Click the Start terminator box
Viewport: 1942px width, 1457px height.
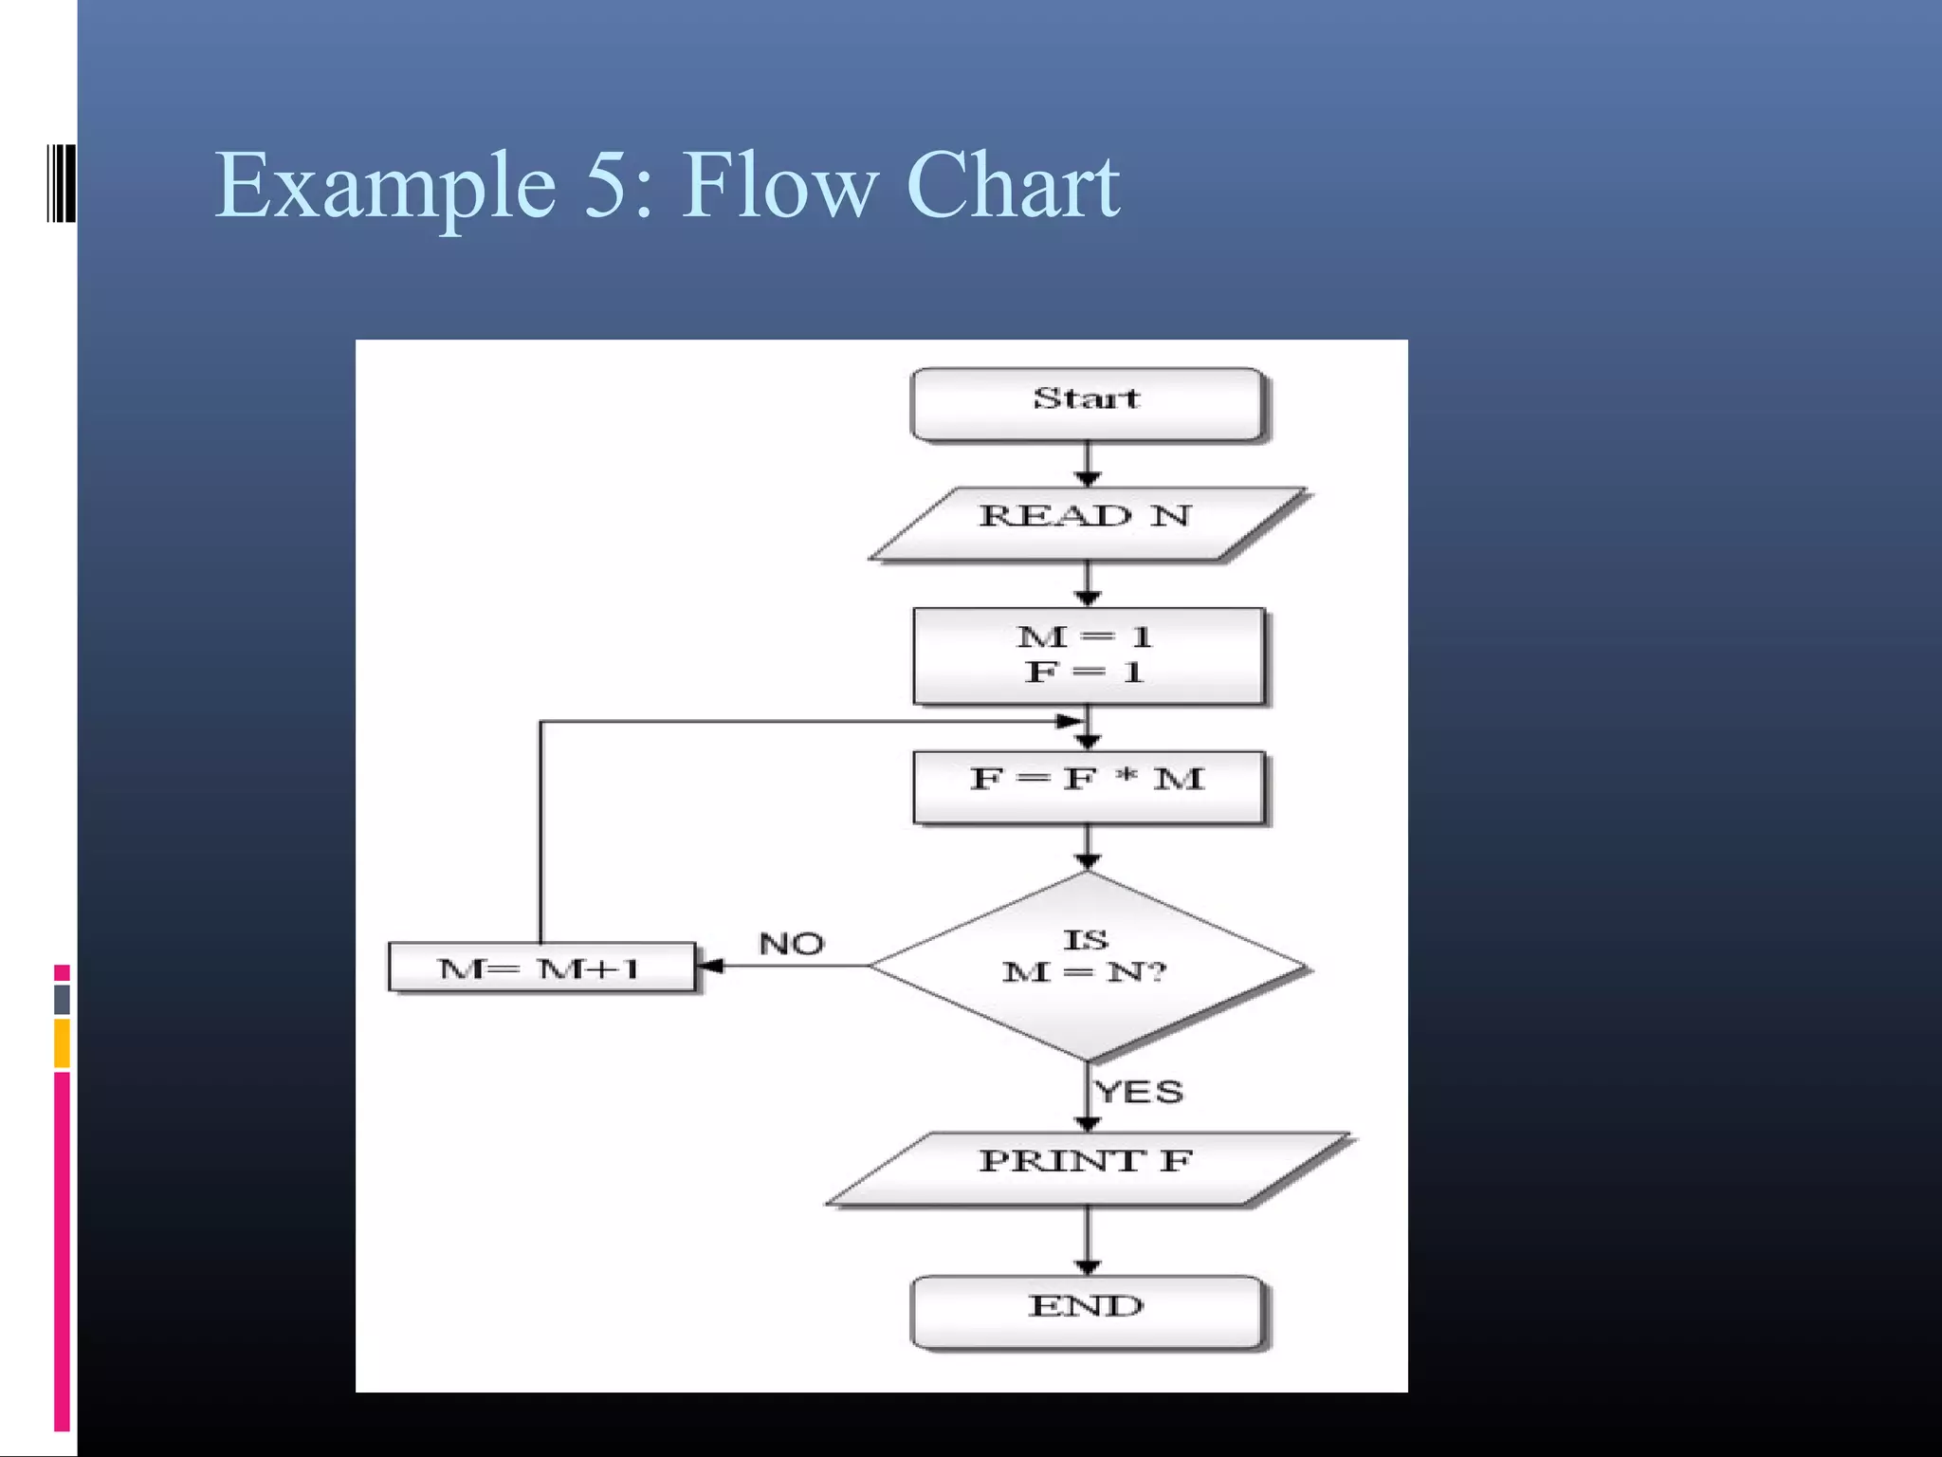[x=1087, y=404]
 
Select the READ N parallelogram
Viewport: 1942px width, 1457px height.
[x=1087, y=523]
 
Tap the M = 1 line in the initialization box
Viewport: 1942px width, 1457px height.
[x=1085, y=636]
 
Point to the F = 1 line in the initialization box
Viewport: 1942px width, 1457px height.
[x=1085, y=673]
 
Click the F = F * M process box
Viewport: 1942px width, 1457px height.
[x=1088, y=786]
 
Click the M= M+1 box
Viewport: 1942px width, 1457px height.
[x=541, y=968]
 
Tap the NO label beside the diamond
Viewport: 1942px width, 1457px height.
[x=792, y=944]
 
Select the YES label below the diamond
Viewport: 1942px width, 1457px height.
[x=1139, y=1092]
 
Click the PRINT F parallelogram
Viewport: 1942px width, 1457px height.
[x=1087, y=1168]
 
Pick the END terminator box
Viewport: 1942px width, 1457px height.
[x=1087, y=1311]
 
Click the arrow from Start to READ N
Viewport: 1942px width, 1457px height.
[x=1088, y=465]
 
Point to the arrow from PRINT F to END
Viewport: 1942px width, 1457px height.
[x=1088, y=1241]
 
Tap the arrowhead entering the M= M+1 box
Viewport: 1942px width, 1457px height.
[x=710, y=966]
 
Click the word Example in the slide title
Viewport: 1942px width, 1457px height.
[x=385, y=187]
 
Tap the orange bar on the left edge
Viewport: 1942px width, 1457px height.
[x=62, y=1043]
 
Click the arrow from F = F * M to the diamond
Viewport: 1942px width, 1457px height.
[x=1088, y=847]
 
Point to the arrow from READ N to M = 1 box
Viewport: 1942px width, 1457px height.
[x=1088, y=583]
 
